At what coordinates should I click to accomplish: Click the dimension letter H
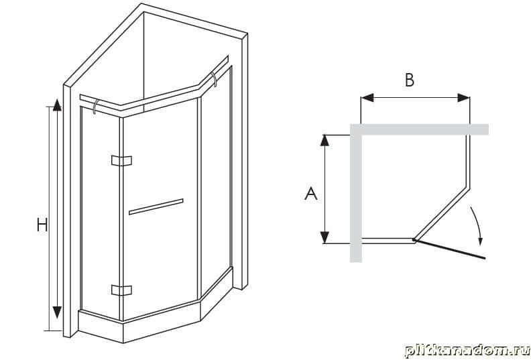pos(42,225)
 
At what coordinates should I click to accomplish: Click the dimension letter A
pos(311,194)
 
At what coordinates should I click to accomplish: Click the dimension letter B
pos(410,80)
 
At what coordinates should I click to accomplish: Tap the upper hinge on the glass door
pos(121,160)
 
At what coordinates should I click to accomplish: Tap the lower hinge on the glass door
pos(121,290)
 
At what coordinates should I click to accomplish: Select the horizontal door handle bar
pos(156,206)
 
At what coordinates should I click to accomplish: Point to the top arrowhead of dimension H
pos(57,105)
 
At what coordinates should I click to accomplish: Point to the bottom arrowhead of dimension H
pos(57,312)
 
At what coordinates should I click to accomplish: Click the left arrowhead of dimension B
pos(367,98)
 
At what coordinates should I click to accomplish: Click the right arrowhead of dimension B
pos(463,98)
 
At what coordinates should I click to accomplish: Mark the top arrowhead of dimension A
pos(324,140)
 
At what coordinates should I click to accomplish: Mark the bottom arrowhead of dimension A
pos(324,237)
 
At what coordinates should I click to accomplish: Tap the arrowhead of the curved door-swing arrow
pos(480,241)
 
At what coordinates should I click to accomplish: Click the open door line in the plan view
pos(449,249)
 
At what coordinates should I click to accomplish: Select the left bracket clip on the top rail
pos(95,106)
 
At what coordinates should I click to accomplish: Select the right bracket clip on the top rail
pos(214,78)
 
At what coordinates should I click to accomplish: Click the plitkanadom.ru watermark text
pos(467,350)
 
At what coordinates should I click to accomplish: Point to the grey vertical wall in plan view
pos(355,193)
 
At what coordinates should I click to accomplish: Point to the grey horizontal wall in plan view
pos(419,129)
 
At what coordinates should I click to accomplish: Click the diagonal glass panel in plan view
pos(442,213)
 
